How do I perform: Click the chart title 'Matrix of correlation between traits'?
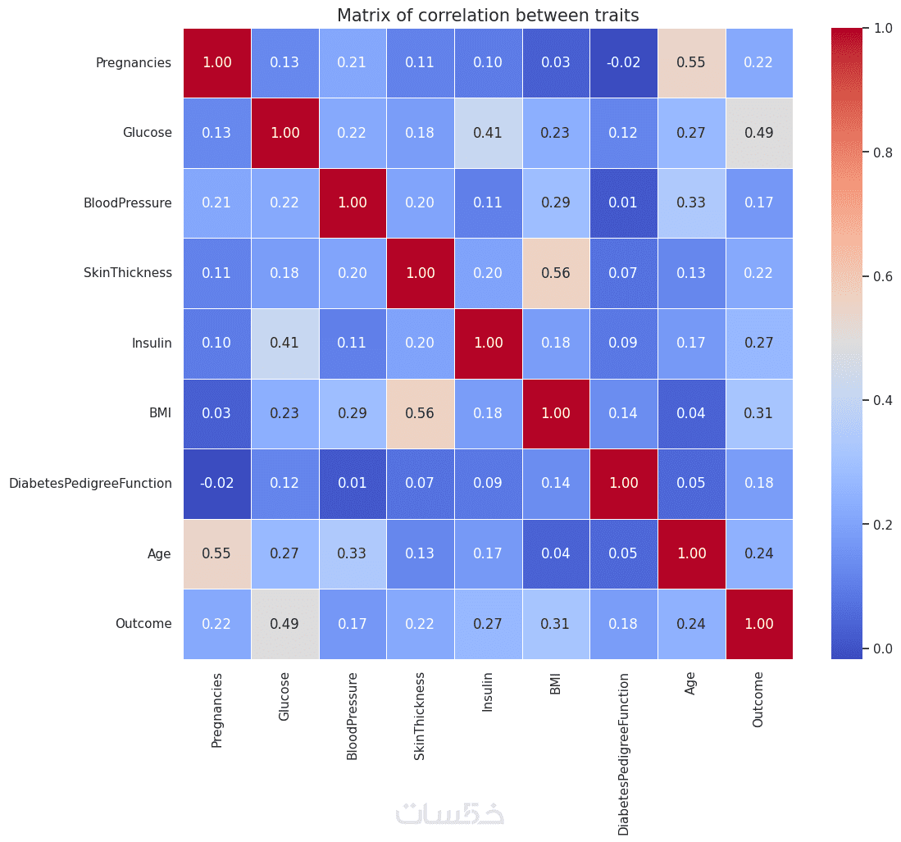click(488, 16)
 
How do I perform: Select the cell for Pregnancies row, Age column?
click(691, 62)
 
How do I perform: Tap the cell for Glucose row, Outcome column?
click(759, 133)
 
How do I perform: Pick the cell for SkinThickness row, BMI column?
click(556, 273)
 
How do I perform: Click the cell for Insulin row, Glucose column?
click(284, 344)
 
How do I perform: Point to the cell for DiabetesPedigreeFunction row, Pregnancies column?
click(217, 484)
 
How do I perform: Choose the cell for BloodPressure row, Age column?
click(691, 203)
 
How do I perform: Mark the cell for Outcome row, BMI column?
click(556, 624)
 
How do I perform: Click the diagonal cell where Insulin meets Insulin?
click(488, 344)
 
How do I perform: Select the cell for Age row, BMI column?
click(556, 553)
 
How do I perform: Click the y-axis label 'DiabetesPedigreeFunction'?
click(90, 484)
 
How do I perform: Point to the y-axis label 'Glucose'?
click(148, 133)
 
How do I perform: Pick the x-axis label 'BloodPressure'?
click(353, 717)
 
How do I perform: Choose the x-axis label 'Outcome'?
click(758, 699)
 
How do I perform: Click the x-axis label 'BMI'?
click(556, 685)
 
